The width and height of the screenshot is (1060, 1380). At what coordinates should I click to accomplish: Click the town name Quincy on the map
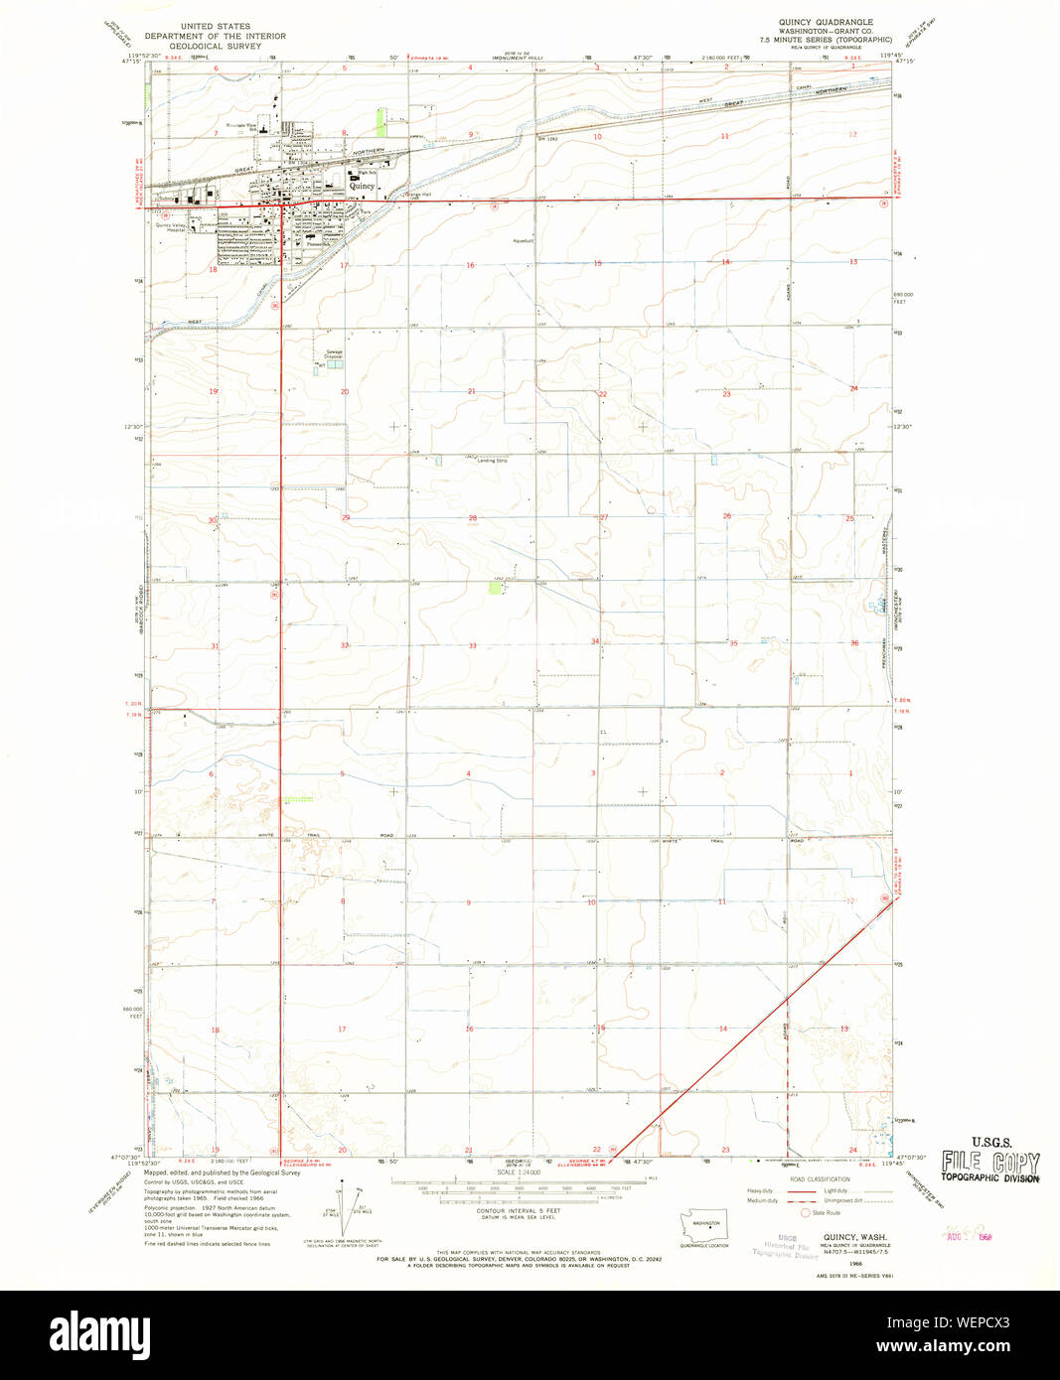coord(363,186)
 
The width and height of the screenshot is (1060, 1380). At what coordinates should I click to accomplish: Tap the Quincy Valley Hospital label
coord(171,226)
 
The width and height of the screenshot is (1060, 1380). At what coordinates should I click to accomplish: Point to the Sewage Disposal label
coord(335,353)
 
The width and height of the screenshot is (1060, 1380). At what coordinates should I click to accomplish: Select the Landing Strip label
coord(492,461)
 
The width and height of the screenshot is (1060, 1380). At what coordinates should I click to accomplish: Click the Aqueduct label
coord(525,239)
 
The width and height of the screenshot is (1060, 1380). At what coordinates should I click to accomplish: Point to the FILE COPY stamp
coord(990,1162)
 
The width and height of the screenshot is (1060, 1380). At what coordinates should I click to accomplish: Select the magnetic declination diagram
coord(344,1204)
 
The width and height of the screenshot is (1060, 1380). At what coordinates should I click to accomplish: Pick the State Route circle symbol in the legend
coord(806,1212)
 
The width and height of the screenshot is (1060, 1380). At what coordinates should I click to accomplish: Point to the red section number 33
coord(472,646)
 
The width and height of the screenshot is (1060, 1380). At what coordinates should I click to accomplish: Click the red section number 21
coord(472,392)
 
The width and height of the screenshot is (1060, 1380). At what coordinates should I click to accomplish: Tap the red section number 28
coord(472,518)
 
